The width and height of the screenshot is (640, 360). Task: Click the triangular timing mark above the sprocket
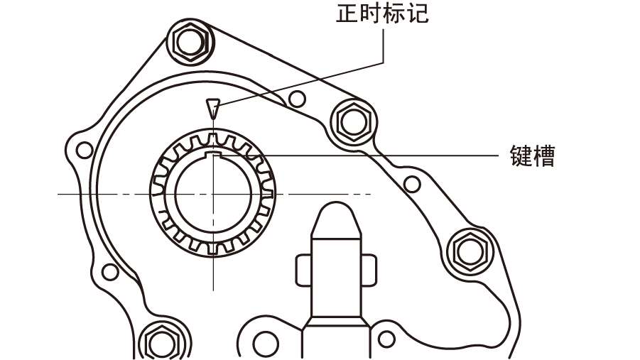pyautogui.click(x=211, y=109)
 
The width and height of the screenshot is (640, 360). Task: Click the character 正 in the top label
pyautogui.click(x=347, y=13)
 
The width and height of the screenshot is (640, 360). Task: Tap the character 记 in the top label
pyautogui.click(x=418, y=13)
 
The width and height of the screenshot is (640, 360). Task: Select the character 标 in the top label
pyautogui.click(x=395, y=13)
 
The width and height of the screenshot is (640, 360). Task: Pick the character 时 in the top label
pyautogui.click(x=371, y=13)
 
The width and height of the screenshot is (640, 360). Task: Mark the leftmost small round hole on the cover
pyautogui.click(x=84, y=150)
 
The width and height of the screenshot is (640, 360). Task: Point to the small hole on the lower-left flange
pyautogui.click(x=109, y=271)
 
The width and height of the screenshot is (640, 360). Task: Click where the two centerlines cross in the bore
pyautogui.click(x=212, y=194)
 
